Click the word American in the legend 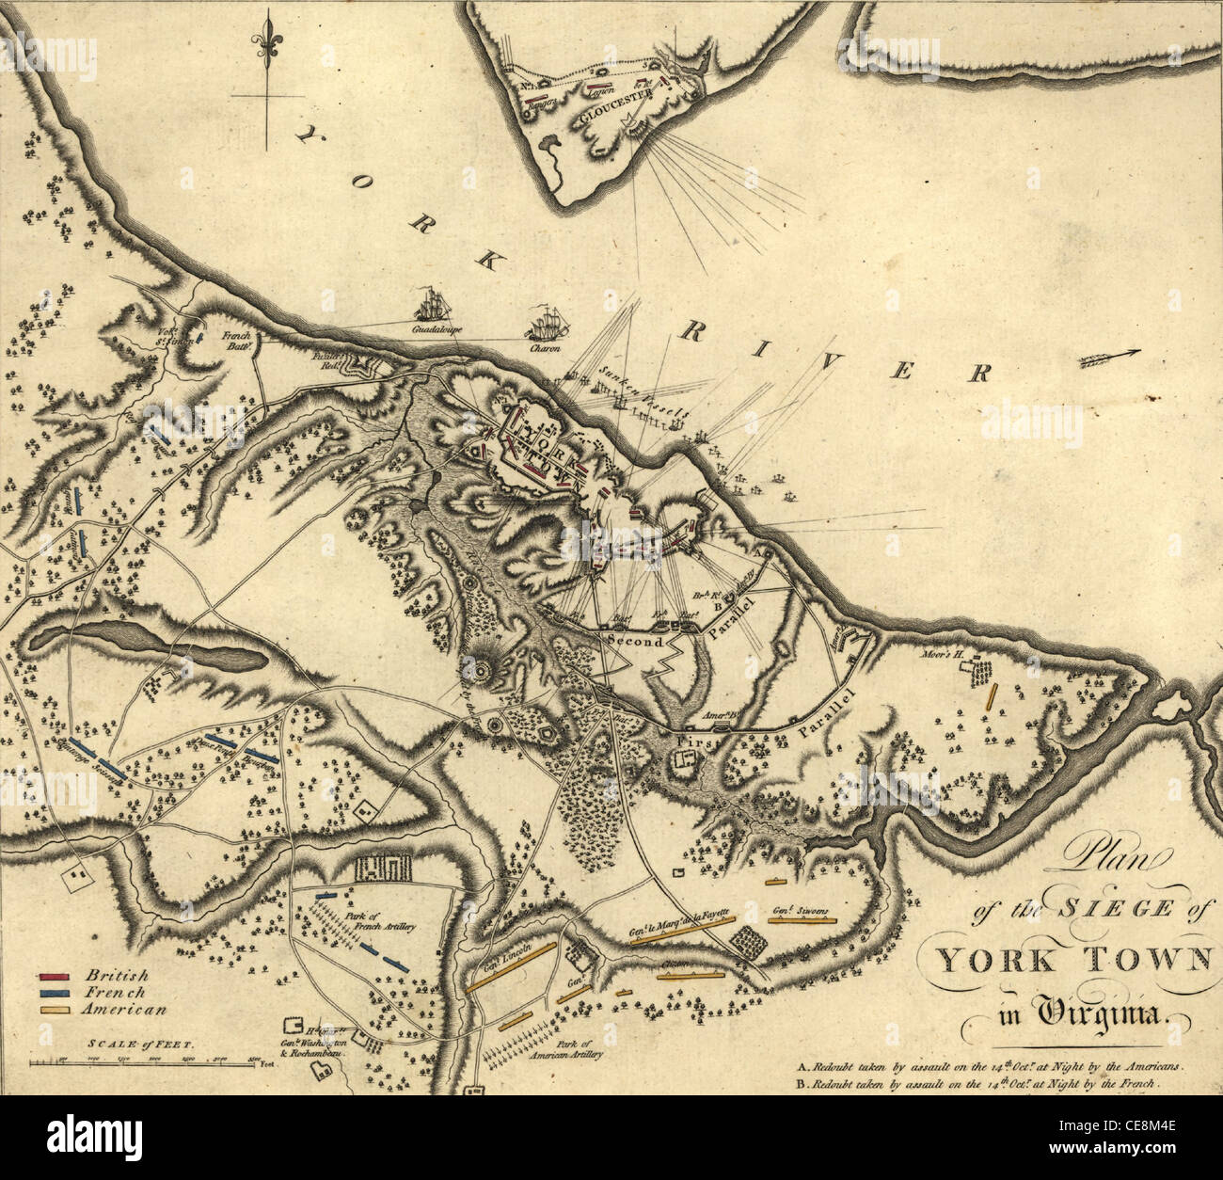tap(124, 1010)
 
